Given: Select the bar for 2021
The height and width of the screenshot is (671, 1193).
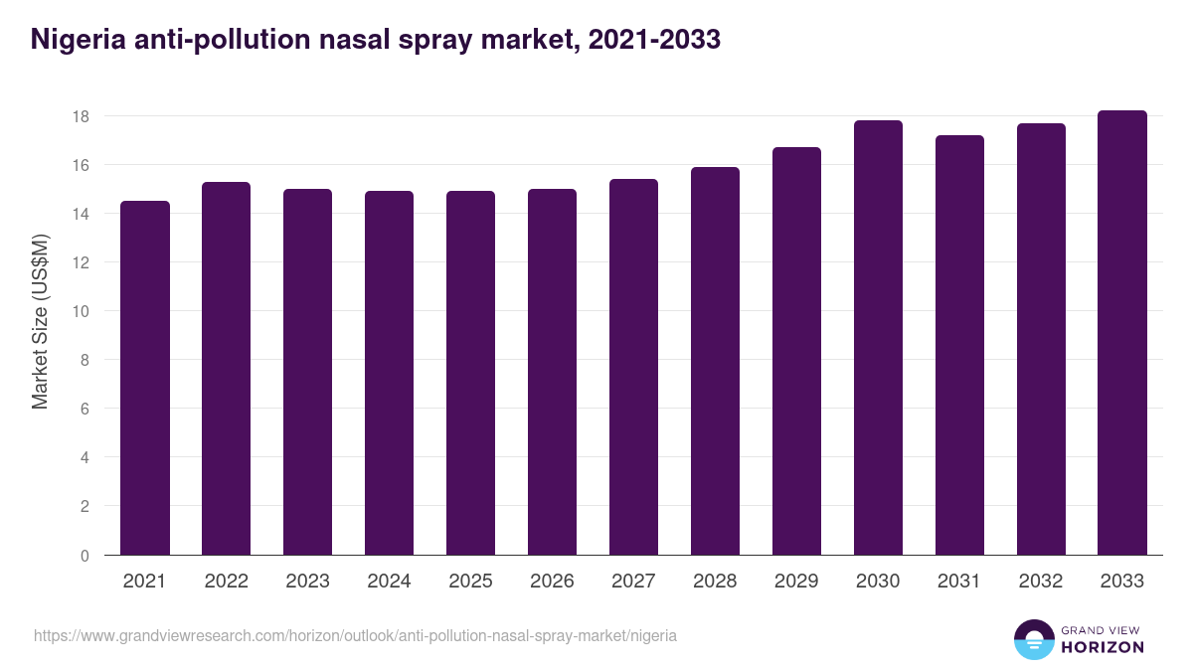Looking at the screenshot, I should pyautogui.click(x=145, y=378).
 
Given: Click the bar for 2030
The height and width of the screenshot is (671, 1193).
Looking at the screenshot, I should pyautogui.click(x=878, y=338).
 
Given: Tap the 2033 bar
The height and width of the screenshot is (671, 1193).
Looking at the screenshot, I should pyautogui.click(x=1122, y=333).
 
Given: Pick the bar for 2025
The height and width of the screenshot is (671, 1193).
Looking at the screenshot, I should pyautogui.click(x=470, y=373).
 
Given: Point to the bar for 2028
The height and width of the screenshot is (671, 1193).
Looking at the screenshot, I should pyautogui.click(x=715, y=361).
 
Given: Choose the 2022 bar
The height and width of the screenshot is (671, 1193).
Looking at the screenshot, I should pyautogui.click(x=227, y=368).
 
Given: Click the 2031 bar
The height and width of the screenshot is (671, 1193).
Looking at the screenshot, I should pyautogui.click(x=959, y=345).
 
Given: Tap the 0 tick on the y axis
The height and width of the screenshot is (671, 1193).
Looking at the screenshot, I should pyautogui.click(x=85, y=556).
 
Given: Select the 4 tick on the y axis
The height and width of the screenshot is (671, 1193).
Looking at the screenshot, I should pyautogui.click(x=85, y=458).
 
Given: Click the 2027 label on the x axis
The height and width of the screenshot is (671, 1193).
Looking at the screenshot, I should pyautogui.click(x=633, y=582).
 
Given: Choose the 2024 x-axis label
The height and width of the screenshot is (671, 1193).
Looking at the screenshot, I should pyautogui.click(x=389, y=582).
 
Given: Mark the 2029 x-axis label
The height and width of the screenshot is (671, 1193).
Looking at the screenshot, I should pyautogui.click(x=796, y=582).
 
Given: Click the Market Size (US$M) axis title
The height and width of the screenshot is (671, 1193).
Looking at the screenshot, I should pyautogui.click(x=40, y=321).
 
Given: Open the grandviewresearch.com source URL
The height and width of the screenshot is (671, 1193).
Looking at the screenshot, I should pyautogui.click(x=355, y=635).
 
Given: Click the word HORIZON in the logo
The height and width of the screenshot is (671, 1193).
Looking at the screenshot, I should pyautogui.click(x=1103, y=647).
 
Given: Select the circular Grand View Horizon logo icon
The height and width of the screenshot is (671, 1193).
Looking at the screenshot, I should pyautogui.click(x=1034, y=639).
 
